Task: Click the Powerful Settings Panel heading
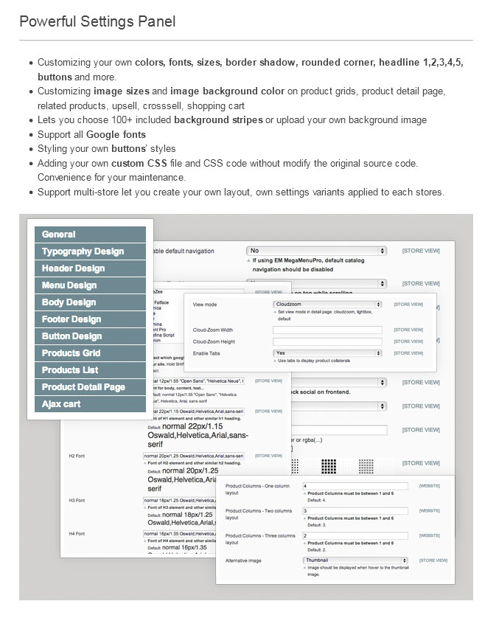coord(97,21)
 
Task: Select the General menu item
coord(89,235)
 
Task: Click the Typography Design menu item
coord(89,251)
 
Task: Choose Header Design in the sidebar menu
coord(89,268)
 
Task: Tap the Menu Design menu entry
coord(89,285)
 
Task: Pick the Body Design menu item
coord(89,302)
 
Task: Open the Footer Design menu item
coord(89,319)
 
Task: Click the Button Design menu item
coord(89,336)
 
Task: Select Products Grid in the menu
coord(89,353)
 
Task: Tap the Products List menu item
coord(89,370)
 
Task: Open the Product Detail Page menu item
coord(89,387)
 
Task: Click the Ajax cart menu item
coord(89,404)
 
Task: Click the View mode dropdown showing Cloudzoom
coord(327,304)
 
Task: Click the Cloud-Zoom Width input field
coord(327,330)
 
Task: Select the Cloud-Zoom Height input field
coord(327,341)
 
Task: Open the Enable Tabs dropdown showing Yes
coord(327,354)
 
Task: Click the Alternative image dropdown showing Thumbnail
coord(356,560)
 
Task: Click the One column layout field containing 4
coord(356,487)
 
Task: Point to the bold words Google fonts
coord(116,135)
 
